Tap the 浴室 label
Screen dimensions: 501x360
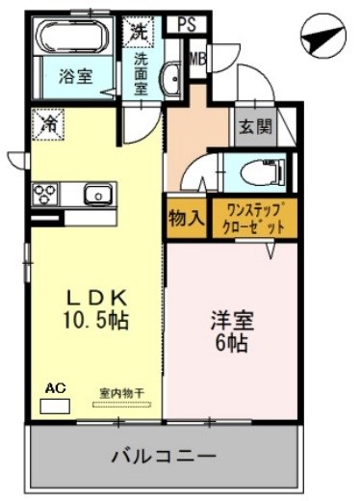pyautogui.click(x=75, y=76)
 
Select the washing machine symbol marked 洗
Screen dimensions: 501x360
pyautogui.click(x=141, y=31)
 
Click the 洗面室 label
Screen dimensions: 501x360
pyautogui.click(x=142, y=72)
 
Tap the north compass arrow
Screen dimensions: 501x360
pyautogui.click(x=323, y=38)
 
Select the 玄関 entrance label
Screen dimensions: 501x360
pyautogui.click(x=256, y=126)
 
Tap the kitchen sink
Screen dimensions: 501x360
pyautogui.click(x=97, y=195)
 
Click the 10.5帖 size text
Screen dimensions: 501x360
pyautogui.click(x=95, y=318)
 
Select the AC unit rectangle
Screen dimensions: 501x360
pyautogui.click(x=55, y=405)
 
